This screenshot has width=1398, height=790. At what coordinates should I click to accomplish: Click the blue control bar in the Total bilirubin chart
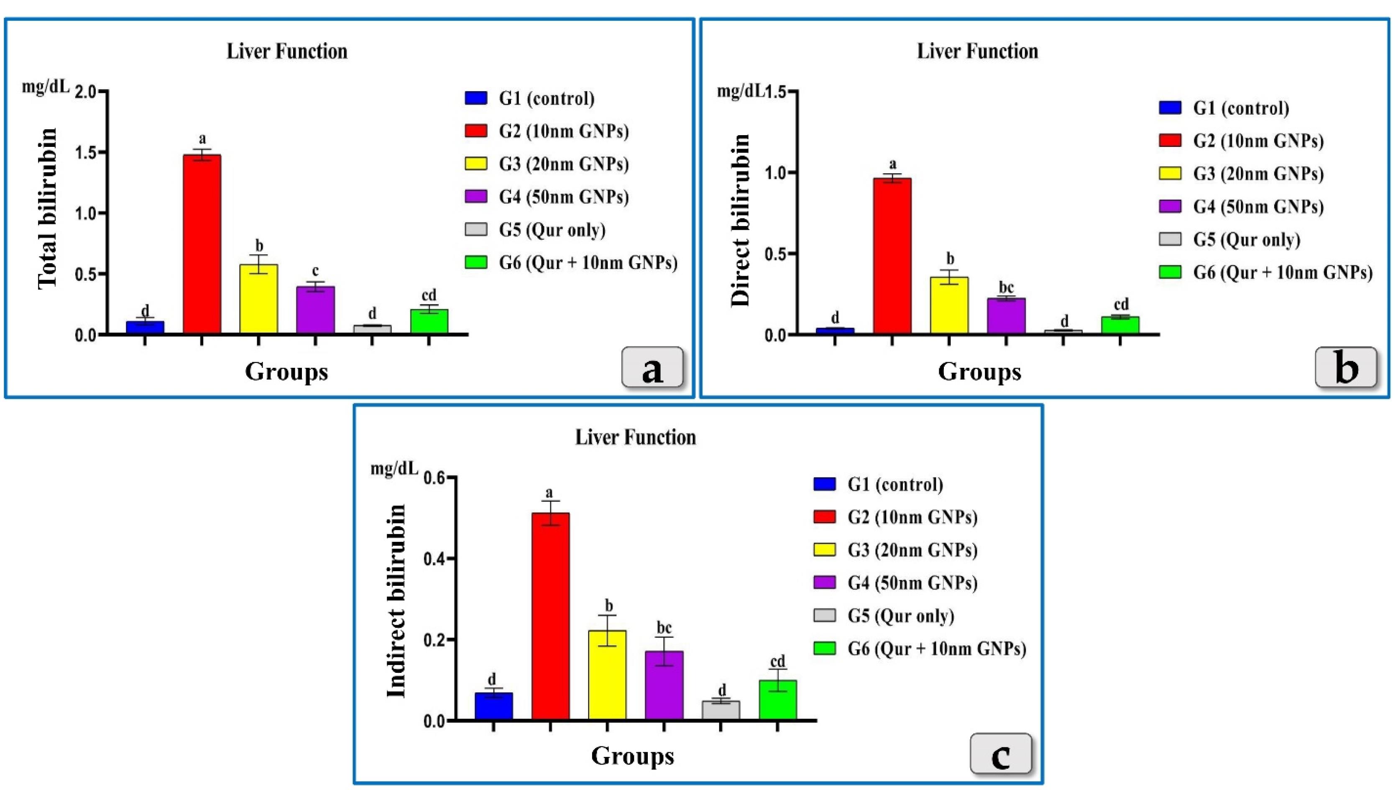(x=145, y=327)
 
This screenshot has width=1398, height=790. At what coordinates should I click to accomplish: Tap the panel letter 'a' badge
(x=652, y=367)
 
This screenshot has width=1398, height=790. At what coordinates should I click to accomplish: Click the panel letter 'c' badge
(x=1000, y=754)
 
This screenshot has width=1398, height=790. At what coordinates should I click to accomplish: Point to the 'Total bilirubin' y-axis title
(x=48, y=208)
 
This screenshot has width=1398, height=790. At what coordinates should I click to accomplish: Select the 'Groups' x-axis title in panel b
(x=979, y=372)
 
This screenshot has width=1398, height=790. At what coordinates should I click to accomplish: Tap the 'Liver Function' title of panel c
(x=636, y=437)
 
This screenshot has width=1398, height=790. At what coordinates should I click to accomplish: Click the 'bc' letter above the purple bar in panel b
(x=1006, y=287)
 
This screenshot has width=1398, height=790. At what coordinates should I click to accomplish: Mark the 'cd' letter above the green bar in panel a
(x=429, y=295)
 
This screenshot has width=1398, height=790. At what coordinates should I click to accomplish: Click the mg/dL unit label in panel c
(x=394, y=469)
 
